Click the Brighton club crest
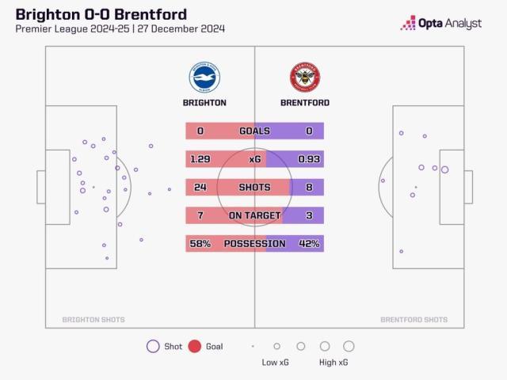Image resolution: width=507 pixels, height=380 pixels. click(x=204, y=78)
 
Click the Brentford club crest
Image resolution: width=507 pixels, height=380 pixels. click(x=305, y=78)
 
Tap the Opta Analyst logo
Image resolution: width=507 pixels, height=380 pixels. click(x=441, y=23)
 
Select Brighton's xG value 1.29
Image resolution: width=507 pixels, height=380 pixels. click(x=200, y=159)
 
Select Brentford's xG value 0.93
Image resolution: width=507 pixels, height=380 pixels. click(x=308, y=159)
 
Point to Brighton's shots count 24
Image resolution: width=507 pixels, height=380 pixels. click(x=200, y=188)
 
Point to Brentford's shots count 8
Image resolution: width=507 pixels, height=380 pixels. click(x=308, y=188)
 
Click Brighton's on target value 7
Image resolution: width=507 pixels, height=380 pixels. click(x=200, y=215)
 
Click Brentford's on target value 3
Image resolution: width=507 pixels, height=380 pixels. click(x=308, y=215)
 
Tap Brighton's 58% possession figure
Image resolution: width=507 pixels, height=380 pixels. click(x=200, y=244)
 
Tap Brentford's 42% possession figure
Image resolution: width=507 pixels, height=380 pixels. click(x=308, y=244)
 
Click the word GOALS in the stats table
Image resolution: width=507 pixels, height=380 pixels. click(x=254, y=131)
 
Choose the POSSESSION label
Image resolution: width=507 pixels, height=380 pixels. click(x=254, y=244)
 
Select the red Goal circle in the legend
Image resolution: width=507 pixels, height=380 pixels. click(x=195, y=346)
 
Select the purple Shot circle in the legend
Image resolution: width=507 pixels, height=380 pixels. click(x=152, y=346)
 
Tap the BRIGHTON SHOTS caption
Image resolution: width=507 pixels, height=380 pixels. click(x=93, y=320)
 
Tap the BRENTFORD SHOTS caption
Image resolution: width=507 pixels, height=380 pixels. click(x=414, y=320)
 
